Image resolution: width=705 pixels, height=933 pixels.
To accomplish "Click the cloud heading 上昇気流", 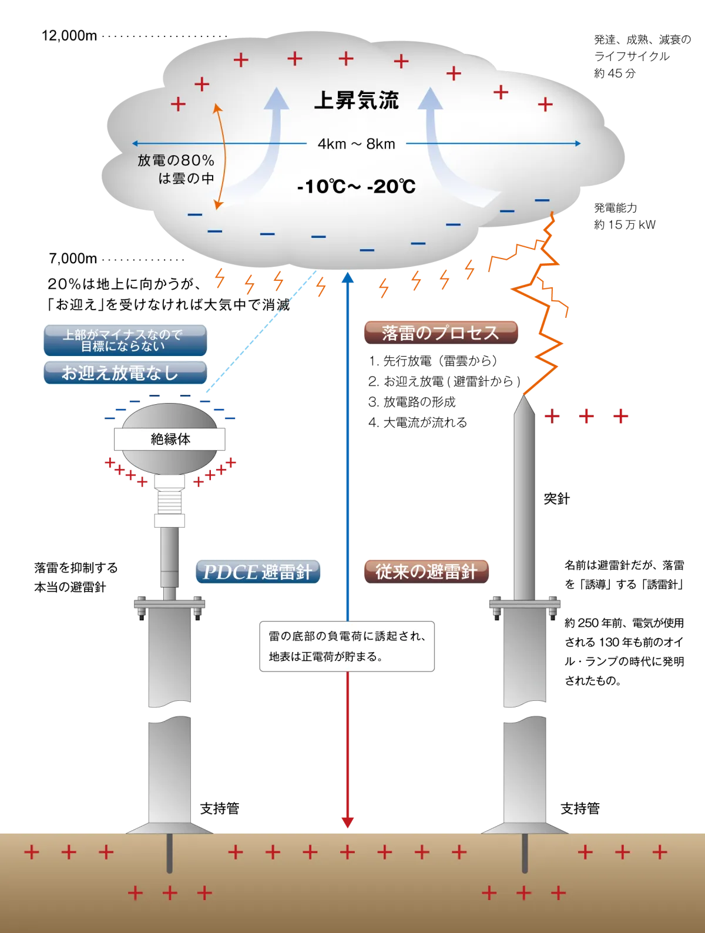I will click(x=356, y=100).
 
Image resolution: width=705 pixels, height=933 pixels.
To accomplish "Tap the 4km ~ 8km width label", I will click(x=356, y=144).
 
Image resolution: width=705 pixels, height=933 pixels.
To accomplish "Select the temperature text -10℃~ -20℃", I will click(x=356, y=187).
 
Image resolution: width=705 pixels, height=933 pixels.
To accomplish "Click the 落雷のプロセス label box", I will click(x=441, y=333).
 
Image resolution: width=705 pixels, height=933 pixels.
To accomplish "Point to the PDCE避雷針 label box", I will click(x=257, y=571).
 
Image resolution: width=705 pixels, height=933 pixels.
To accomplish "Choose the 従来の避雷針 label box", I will click(x=426, y=571).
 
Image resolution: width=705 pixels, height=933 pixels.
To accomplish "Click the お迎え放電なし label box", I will click(x=125, y=372).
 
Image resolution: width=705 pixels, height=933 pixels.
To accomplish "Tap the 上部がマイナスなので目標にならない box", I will click(x=125, y=340).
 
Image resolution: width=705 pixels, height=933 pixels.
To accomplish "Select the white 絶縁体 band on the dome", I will click(x=170, y=439).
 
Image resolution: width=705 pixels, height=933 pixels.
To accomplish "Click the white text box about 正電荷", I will click(x=347, y=646).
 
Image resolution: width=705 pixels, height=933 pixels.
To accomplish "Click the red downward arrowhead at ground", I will click(x=348, y=821).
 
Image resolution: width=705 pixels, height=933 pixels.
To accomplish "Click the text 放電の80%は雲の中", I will click(x=176, y=169).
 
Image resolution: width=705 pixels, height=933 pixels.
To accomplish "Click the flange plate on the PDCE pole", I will click(x=169, y=603).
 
